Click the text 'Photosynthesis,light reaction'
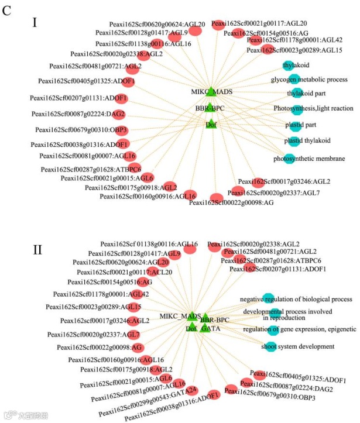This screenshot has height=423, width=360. [313, 108]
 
